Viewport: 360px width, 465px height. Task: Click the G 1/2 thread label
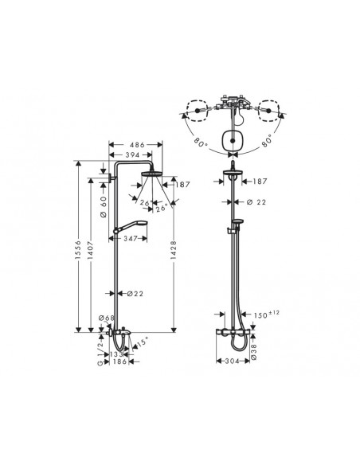pos(99,352)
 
